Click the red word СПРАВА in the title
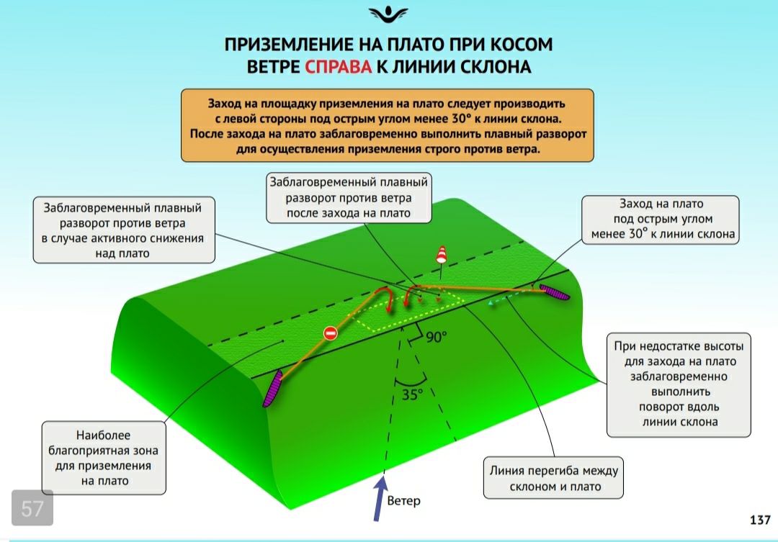click(x=338, y=66)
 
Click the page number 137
click(x=760, y=520)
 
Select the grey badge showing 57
click(x=32, y=507)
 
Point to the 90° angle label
click(x=436, y=337)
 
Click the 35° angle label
click(x=412, y=394)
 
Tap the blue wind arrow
click(x=380, y=498)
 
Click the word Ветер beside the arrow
click(x=403, y=501)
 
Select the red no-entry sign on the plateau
click(x=331, y=333)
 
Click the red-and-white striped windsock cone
click(x=441, y=254)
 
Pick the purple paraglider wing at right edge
click(x=554, y=292)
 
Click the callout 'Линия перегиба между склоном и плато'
click(x=553, y=478)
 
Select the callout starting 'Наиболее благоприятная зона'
click(x=104, y=458)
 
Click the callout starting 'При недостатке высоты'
click(x=679, y=385)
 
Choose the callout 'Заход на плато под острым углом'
click(x=661, y=220)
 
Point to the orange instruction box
click(x=388, y=125)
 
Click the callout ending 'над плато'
click(x=124, y=230)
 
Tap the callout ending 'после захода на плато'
click(x=349, y=198)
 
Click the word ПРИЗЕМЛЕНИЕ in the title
click(x=289, y=44)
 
